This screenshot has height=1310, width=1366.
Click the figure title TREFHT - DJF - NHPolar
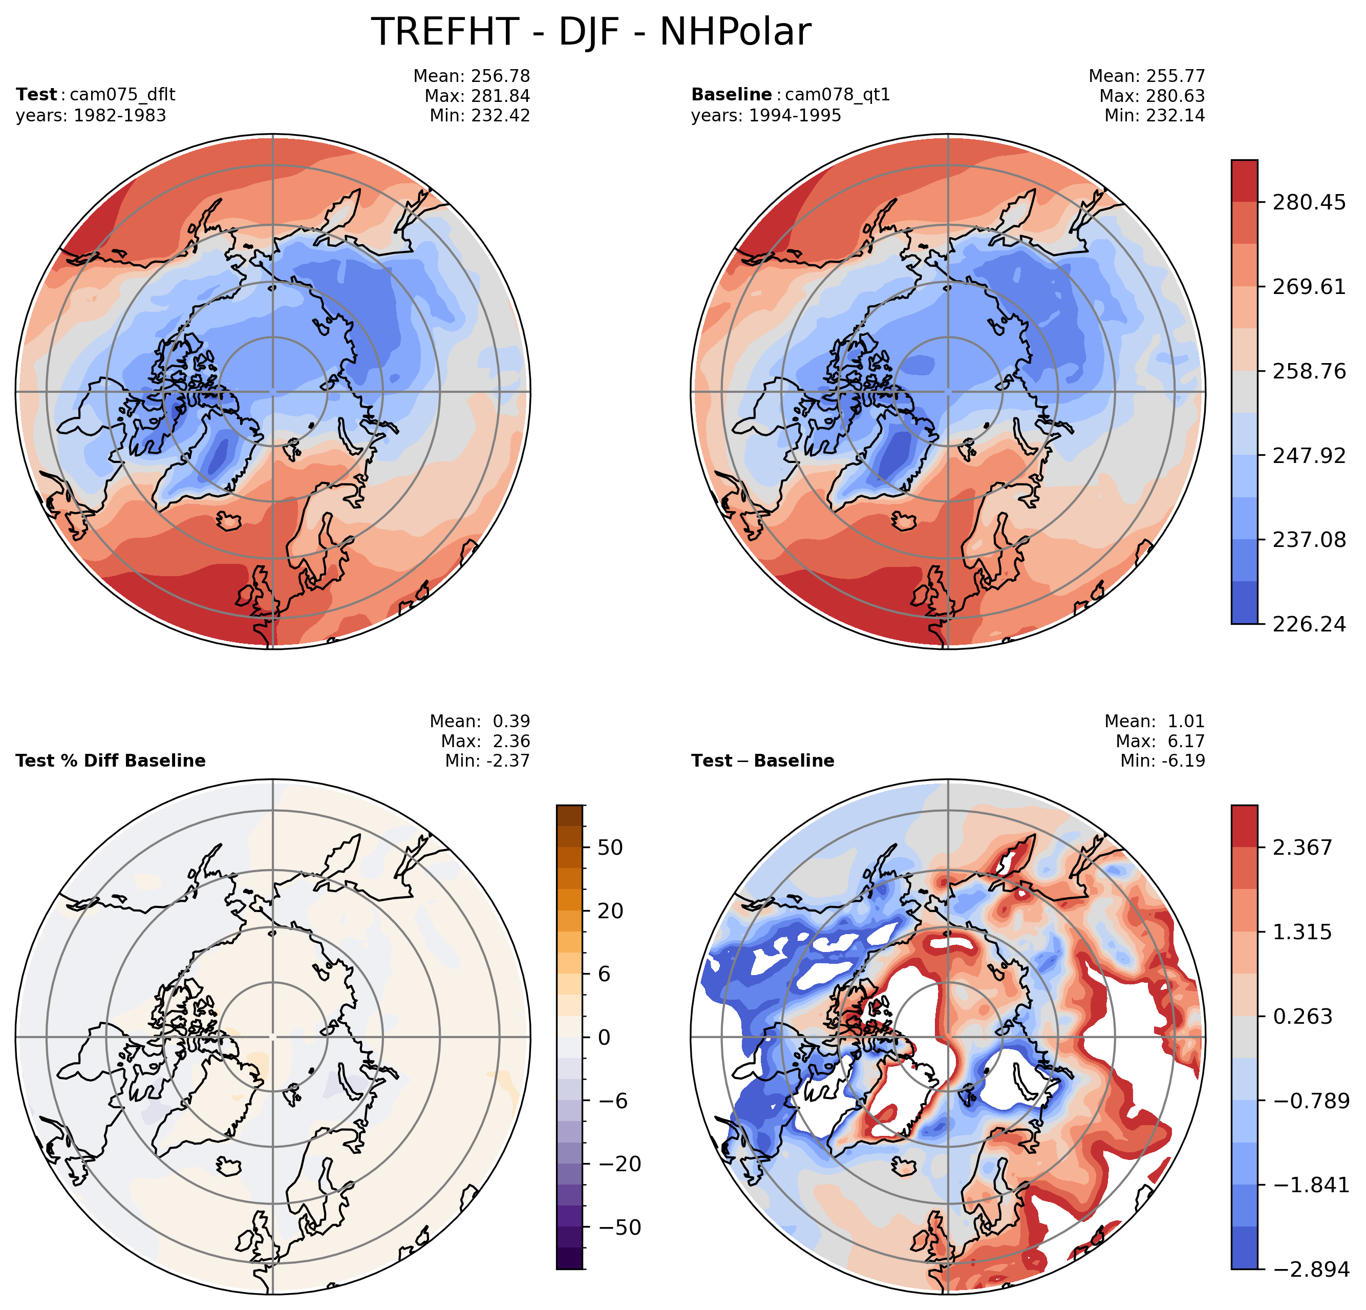tap(590, 32)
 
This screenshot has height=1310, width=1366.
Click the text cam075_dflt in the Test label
tap(123, 95)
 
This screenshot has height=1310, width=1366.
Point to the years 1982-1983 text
tap(91, 116)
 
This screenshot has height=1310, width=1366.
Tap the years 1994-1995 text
tap(766, 116)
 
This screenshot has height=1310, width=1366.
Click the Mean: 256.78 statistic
tap(472, 76)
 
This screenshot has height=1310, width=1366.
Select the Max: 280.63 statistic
tap(1152, 96)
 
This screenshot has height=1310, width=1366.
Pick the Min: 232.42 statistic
tap(480, 116)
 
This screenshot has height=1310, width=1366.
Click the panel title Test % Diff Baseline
tap(110, 760)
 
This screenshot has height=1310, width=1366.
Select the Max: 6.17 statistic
tap(1160, 741)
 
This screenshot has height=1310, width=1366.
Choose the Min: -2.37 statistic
tap(487, 760)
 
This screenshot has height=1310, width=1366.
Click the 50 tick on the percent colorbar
tap(610, 848)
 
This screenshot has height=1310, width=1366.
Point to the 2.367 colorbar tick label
tap(1302, 848)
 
